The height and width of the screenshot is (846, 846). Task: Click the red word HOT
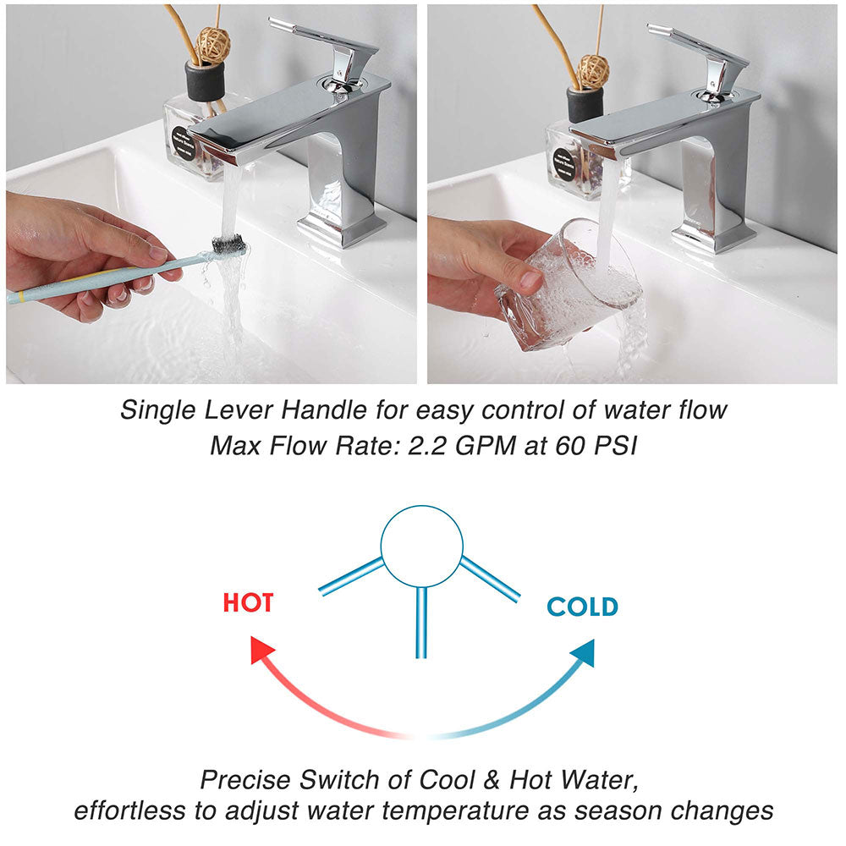click(x=248, y=602)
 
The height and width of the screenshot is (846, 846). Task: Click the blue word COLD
click(x=582, y=607)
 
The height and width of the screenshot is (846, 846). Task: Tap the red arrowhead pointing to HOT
click(x=262, y=651)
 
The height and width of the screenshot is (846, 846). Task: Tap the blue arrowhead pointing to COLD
click(x=582, y=652)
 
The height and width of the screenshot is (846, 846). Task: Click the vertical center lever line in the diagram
click(x=421, y=622)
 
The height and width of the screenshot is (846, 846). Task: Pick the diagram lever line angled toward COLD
click(x=489, y=579)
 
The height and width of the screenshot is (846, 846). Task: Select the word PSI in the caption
click(x=611, y=446)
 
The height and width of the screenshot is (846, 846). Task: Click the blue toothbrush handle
click(x=85, y=284)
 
